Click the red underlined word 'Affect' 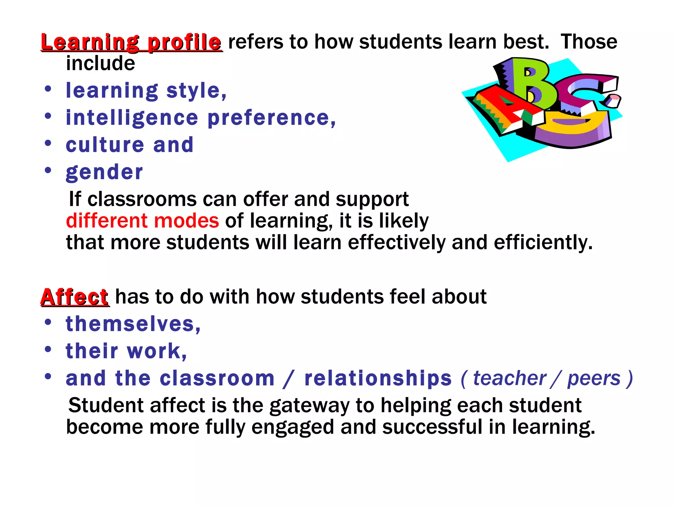74,297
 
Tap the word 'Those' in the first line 589,42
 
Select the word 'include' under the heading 101,63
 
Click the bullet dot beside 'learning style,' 48,89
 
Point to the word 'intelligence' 132,118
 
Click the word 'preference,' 272,118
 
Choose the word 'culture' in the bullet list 105,145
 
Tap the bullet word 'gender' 104,172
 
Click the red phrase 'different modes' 142,221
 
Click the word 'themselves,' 133,324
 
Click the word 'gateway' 309,406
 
